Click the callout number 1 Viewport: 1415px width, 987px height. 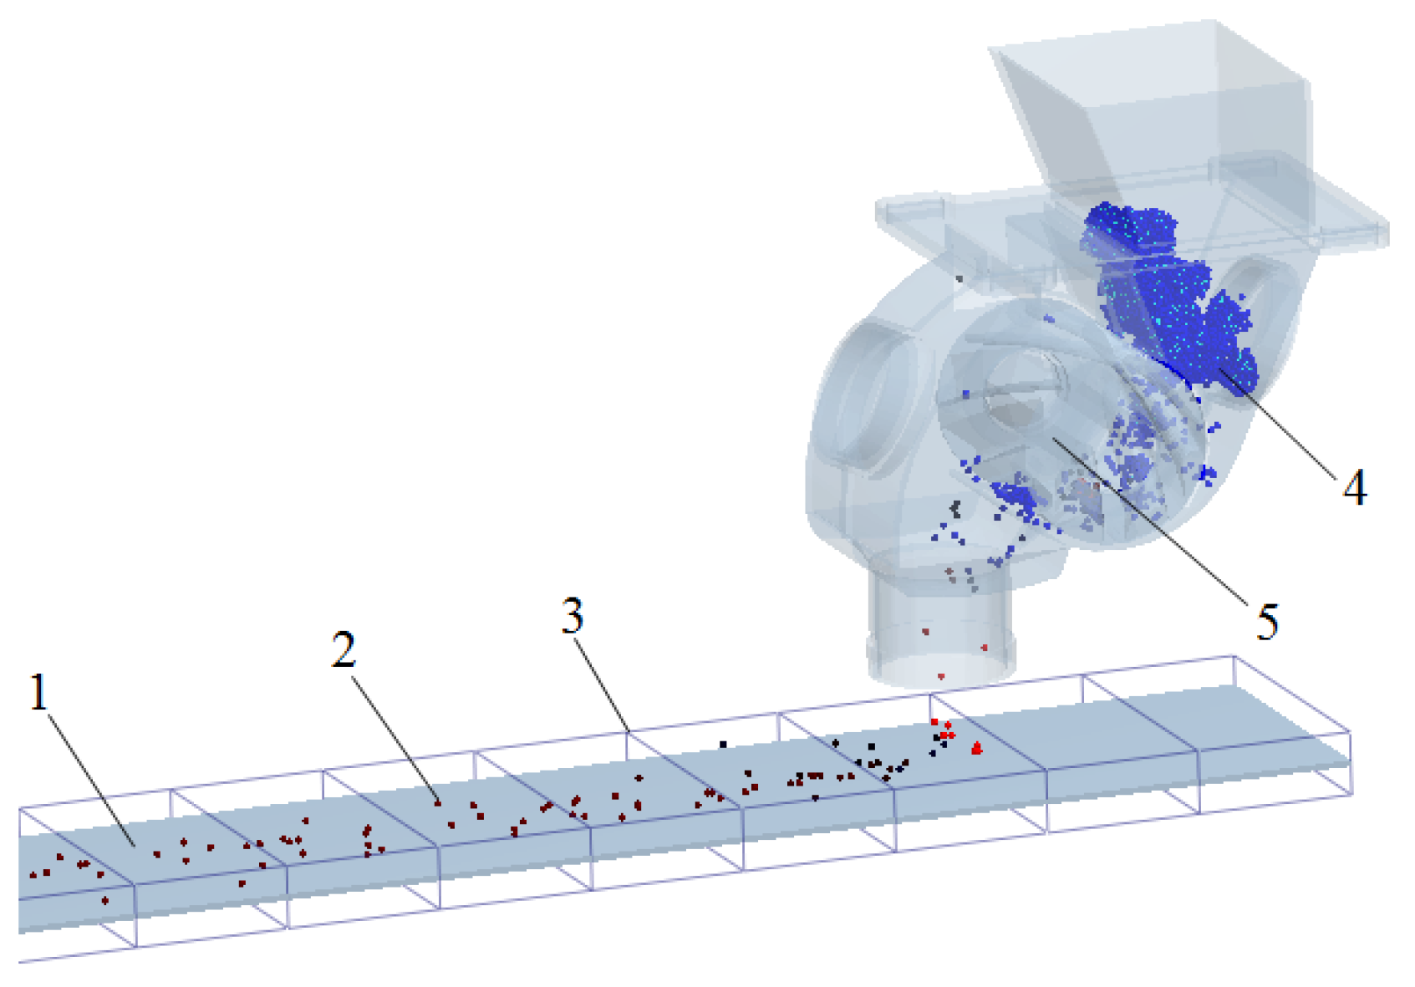(x=38, y=693)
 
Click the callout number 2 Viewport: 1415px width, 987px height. (x=343, y=649)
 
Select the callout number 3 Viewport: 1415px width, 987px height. (x=572, y=617)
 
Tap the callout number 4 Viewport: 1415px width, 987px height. (x=1354, y=487)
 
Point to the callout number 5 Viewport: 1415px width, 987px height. (x=1267, y=622)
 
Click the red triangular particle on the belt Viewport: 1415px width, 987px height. (x=976, y=748)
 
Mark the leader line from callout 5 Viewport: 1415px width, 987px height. (x=1153, y=527)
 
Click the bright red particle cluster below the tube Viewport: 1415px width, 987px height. (x=943, y=730)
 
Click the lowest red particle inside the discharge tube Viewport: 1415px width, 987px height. (x=941, y=676)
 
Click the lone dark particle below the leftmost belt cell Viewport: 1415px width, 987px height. (x=105, y=900)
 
